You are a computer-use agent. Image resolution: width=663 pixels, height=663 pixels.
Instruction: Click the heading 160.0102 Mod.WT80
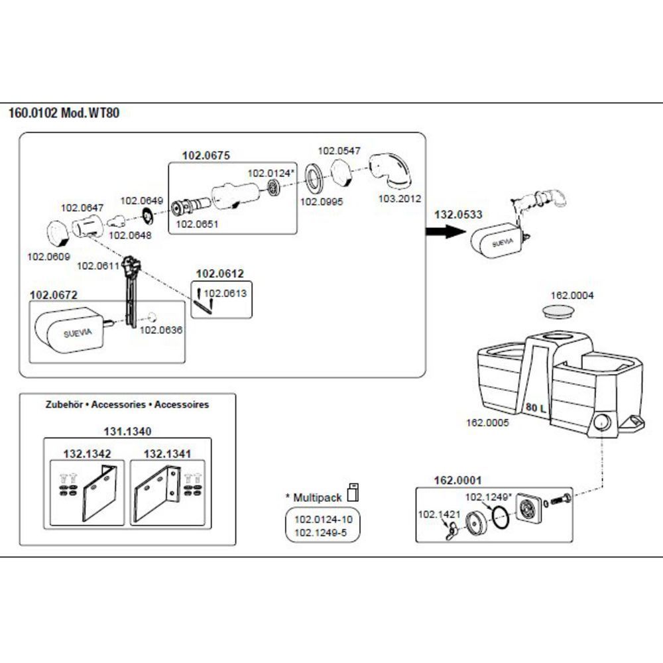pyautogui.click(x=64, y=113)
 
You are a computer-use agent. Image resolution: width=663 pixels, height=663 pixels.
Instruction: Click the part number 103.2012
pyautogui.click(x=400, y=198)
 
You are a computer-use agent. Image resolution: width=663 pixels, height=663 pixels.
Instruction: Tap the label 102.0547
pyautogui.click(x=339, y=151)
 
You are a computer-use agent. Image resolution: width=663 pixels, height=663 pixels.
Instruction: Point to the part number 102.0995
pyautogui.click(x=322, y=202)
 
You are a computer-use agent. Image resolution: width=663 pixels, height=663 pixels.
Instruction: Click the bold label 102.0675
pyautogui.click(x=206, y=156)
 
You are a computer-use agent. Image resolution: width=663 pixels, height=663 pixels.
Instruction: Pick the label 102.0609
pyautogui.click(x=48, y=256)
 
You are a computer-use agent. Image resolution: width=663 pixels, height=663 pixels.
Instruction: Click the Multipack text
pyautogui.click(x=314, y=497)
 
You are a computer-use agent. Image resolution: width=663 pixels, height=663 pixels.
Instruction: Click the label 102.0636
pyautogui.click(x=161, y=330)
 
